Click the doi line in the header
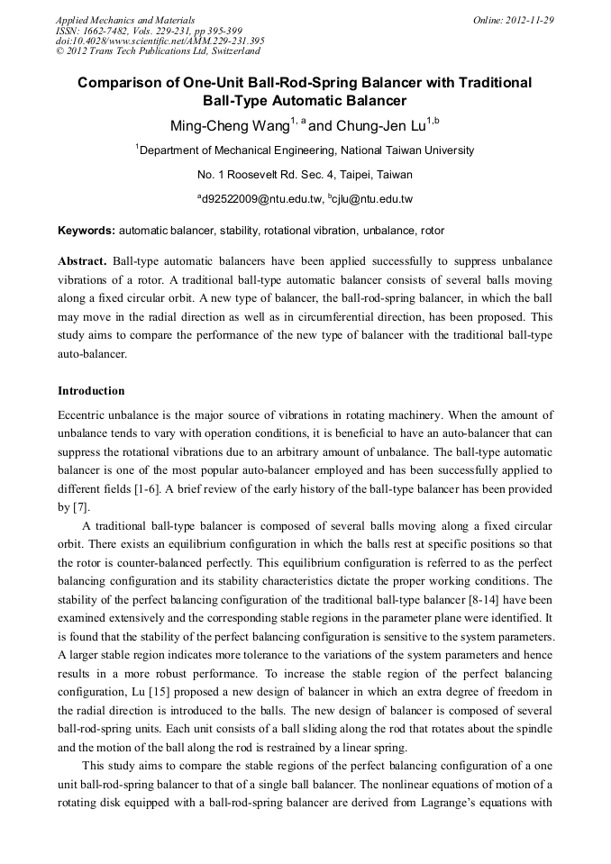tap(160, 41)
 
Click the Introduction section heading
tap(91, 391)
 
